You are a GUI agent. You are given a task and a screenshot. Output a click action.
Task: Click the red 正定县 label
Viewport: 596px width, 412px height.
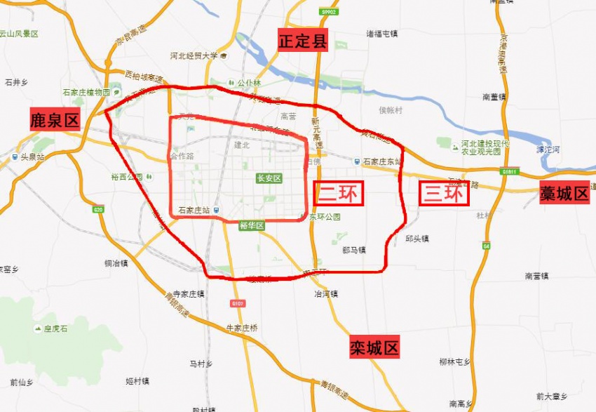click(303, 41)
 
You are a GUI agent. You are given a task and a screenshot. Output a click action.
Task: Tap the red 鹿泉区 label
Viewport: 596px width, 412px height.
click(55, 120)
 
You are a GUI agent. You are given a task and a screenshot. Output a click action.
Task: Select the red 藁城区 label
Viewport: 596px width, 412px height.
click(564, 194)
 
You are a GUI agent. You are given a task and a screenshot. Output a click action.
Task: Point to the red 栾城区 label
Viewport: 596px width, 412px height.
click(374, 347)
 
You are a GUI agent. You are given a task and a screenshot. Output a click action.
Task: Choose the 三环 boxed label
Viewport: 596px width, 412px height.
click(444, 193)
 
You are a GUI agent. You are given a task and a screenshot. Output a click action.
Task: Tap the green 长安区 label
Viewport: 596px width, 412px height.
click(269, 179)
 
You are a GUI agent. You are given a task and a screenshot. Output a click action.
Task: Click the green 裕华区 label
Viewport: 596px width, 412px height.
click(250, 225)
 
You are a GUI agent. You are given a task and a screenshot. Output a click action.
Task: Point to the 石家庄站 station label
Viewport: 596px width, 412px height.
click(196, 210)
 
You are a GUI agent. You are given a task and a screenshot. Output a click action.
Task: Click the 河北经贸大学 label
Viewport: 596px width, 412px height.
click(194, 55)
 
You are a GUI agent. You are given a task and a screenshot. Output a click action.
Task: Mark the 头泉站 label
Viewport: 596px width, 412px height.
click(32, 157)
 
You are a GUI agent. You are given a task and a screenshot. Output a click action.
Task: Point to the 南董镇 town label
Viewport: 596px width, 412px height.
click(496, 97)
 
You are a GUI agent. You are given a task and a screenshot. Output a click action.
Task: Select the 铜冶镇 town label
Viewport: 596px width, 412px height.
click(116, 263)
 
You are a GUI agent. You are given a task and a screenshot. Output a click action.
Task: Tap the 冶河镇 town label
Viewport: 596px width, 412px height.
click(326, 294)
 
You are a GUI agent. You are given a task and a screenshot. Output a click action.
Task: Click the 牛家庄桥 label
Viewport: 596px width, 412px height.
click(242, 328)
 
